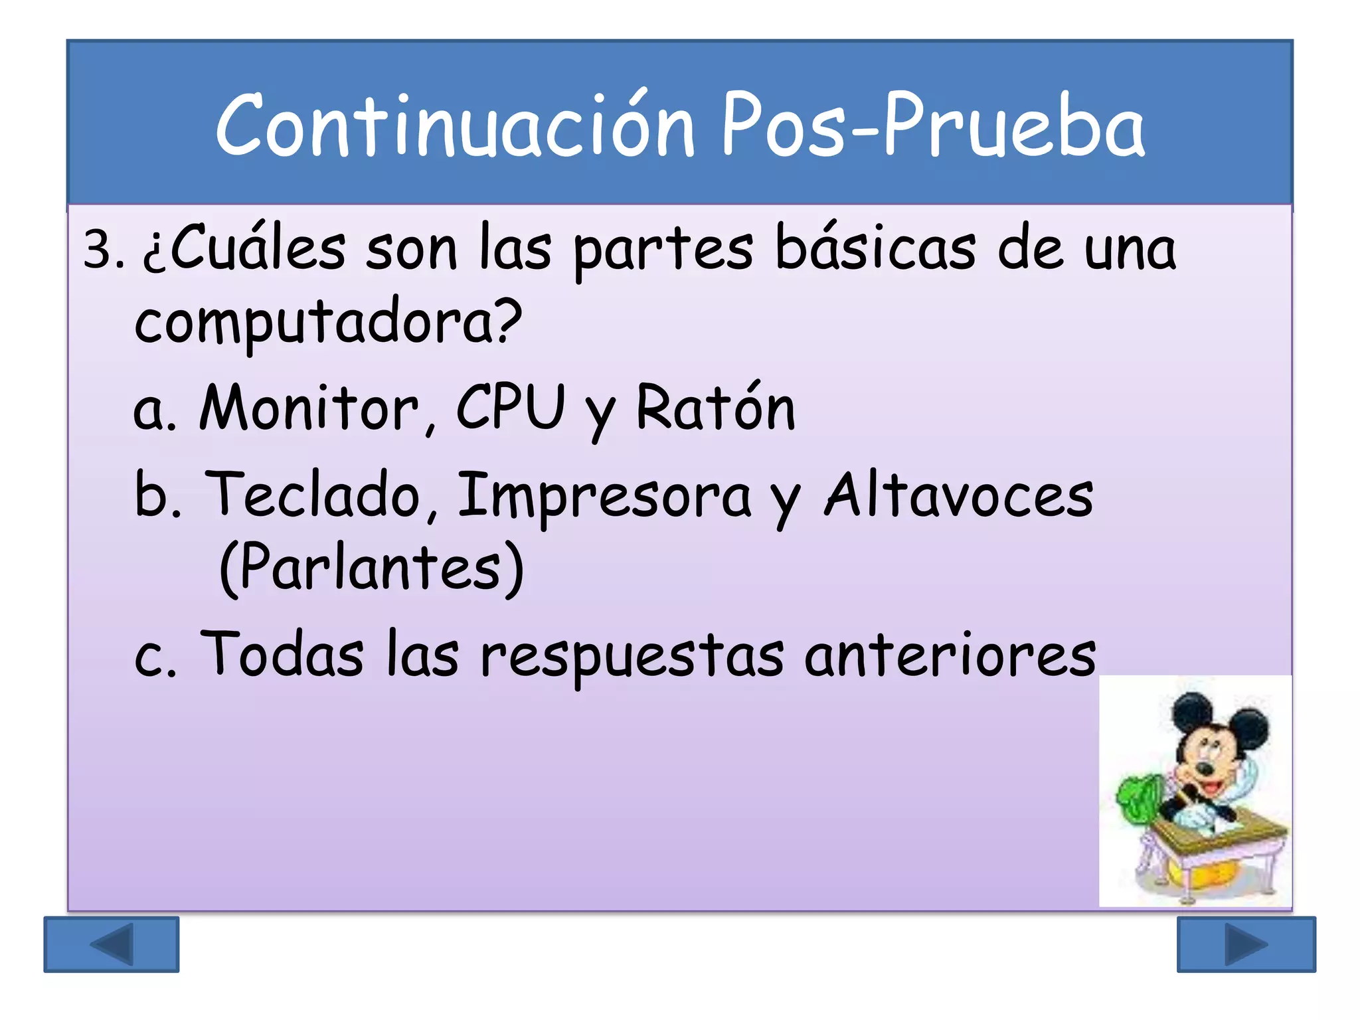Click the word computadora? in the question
click(328, 323)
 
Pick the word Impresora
click(604, 497)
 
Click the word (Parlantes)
click(372, 568)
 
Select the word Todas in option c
click(282, 654)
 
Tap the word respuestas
click(632, 657)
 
